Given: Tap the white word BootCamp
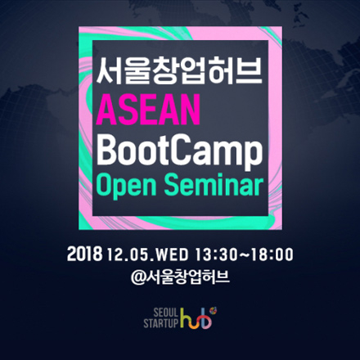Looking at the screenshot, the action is click(x=180, y=151).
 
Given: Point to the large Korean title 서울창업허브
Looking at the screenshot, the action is click(x=179, y=71).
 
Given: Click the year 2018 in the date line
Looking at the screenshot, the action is click(x=84, y=254).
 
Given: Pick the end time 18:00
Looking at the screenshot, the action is click(x=272, y=254).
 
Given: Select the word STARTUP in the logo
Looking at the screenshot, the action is click(x=160, y=323).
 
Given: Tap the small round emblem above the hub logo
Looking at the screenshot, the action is click(x=214, y=310).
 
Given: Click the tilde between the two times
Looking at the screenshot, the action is click(x=245, y=254).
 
